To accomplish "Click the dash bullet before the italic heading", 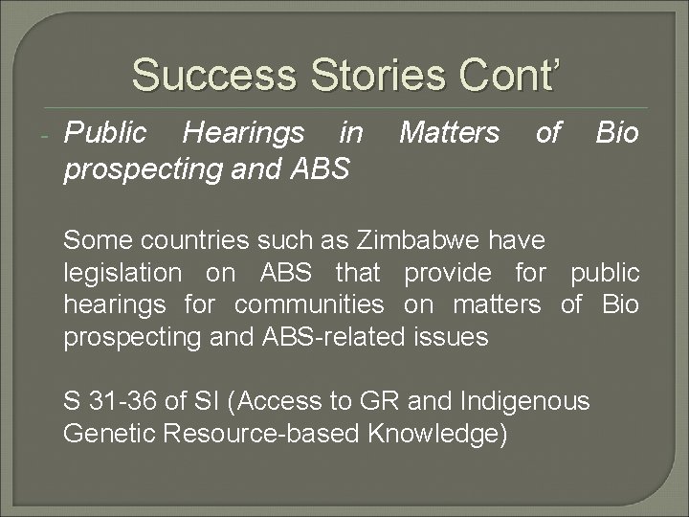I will click(x=46, y=135).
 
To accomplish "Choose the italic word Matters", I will click(x=449, y=133).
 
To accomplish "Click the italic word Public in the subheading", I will click(x=105, y=133).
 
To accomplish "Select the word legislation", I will click(x=122, y=273).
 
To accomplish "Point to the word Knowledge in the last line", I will click(x=436, y=433).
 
